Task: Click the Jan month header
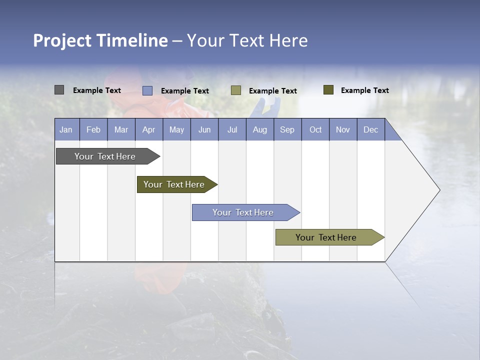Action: point(66,129)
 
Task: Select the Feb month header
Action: point(93,129)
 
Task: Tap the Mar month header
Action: point(121,129)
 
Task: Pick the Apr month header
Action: point(149,129)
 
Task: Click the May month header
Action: point(176,129)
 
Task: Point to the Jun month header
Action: point(204,129)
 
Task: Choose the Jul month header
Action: point(232,129)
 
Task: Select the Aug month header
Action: point(260,129)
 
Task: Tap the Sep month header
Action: point(287,129)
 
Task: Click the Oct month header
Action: point(315,129)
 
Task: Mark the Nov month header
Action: point(343,129)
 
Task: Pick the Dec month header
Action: point(371,129)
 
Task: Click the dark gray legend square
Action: point(59,90)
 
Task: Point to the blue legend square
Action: point(147,90)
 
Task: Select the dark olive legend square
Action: point(328,90)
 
